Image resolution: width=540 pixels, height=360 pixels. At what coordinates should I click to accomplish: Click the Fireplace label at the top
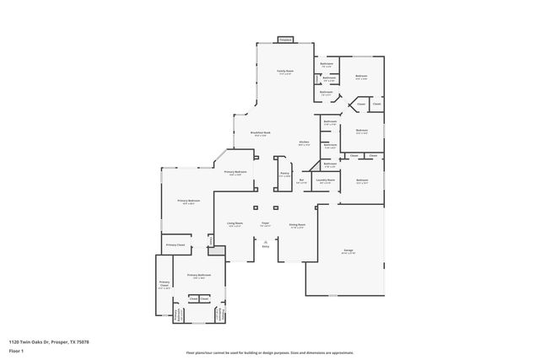(x=285, y=40)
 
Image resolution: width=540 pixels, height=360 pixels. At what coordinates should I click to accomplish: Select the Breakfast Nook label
(x=260, y=133)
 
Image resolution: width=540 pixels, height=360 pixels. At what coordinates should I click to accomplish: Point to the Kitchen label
(x=304, y=142)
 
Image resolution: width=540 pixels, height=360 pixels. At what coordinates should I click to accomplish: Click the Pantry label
(x=285, y=174)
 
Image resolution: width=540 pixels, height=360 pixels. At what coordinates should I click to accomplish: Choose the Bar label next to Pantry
(x=301, y=180)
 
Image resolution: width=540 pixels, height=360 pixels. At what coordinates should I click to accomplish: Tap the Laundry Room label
(x=326, y=180)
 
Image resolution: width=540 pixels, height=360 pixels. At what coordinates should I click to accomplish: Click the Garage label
(x=348, y=250)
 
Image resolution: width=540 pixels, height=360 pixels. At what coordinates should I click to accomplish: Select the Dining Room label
(x=297, y=226)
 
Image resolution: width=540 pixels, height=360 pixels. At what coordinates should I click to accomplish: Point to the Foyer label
(x=265, y=225)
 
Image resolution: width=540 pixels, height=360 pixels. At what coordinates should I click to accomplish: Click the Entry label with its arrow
(x=265, y=245)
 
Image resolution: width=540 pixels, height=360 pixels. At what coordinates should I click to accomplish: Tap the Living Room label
(x=234, y=225)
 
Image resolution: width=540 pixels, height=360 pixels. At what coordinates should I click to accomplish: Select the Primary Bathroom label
(x=198, y=277)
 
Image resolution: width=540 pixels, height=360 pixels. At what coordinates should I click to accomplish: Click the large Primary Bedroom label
(x=188, y=201)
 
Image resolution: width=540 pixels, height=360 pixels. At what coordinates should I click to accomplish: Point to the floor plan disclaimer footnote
(x=269, y=352)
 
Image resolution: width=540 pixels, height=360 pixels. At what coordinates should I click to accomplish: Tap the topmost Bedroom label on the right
(x=361, y=77)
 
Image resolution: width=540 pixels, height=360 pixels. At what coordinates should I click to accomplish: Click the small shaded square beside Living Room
(x=216, y=251)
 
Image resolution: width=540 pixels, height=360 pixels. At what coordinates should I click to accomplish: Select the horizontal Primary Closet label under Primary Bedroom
(x=175, y=244)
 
